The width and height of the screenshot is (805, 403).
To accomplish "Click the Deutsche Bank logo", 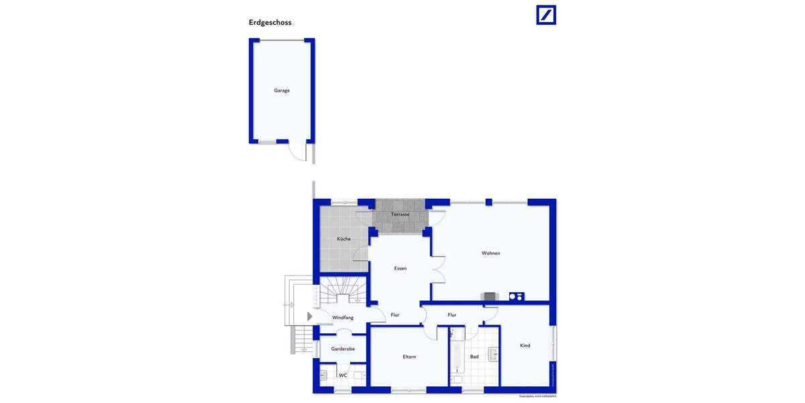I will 546,15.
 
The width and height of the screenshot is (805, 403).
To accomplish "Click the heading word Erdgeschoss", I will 270,22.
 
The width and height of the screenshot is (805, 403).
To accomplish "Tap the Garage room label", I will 282,91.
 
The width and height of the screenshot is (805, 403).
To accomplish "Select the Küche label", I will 343,239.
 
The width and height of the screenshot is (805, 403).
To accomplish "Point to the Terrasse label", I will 400,214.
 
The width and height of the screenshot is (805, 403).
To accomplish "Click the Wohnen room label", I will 490,253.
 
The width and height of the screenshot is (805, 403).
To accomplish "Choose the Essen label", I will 400,269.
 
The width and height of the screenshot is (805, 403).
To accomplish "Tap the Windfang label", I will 343,318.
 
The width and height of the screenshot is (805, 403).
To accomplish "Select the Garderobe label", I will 343,349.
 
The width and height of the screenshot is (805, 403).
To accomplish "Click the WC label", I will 343,375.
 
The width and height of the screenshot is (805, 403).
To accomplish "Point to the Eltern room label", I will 409,357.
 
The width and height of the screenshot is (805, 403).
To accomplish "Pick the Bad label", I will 474,357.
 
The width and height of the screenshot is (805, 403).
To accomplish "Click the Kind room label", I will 525,346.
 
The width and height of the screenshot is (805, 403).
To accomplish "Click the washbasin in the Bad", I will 494,353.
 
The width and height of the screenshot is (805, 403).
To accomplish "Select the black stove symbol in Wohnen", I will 516,296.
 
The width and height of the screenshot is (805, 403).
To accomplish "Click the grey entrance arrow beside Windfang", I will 309,316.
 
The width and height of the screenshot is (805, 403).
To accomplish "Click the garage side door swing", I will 295,152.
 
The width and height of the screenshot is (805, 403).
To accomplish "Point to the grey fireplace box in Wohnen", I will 490,296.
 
